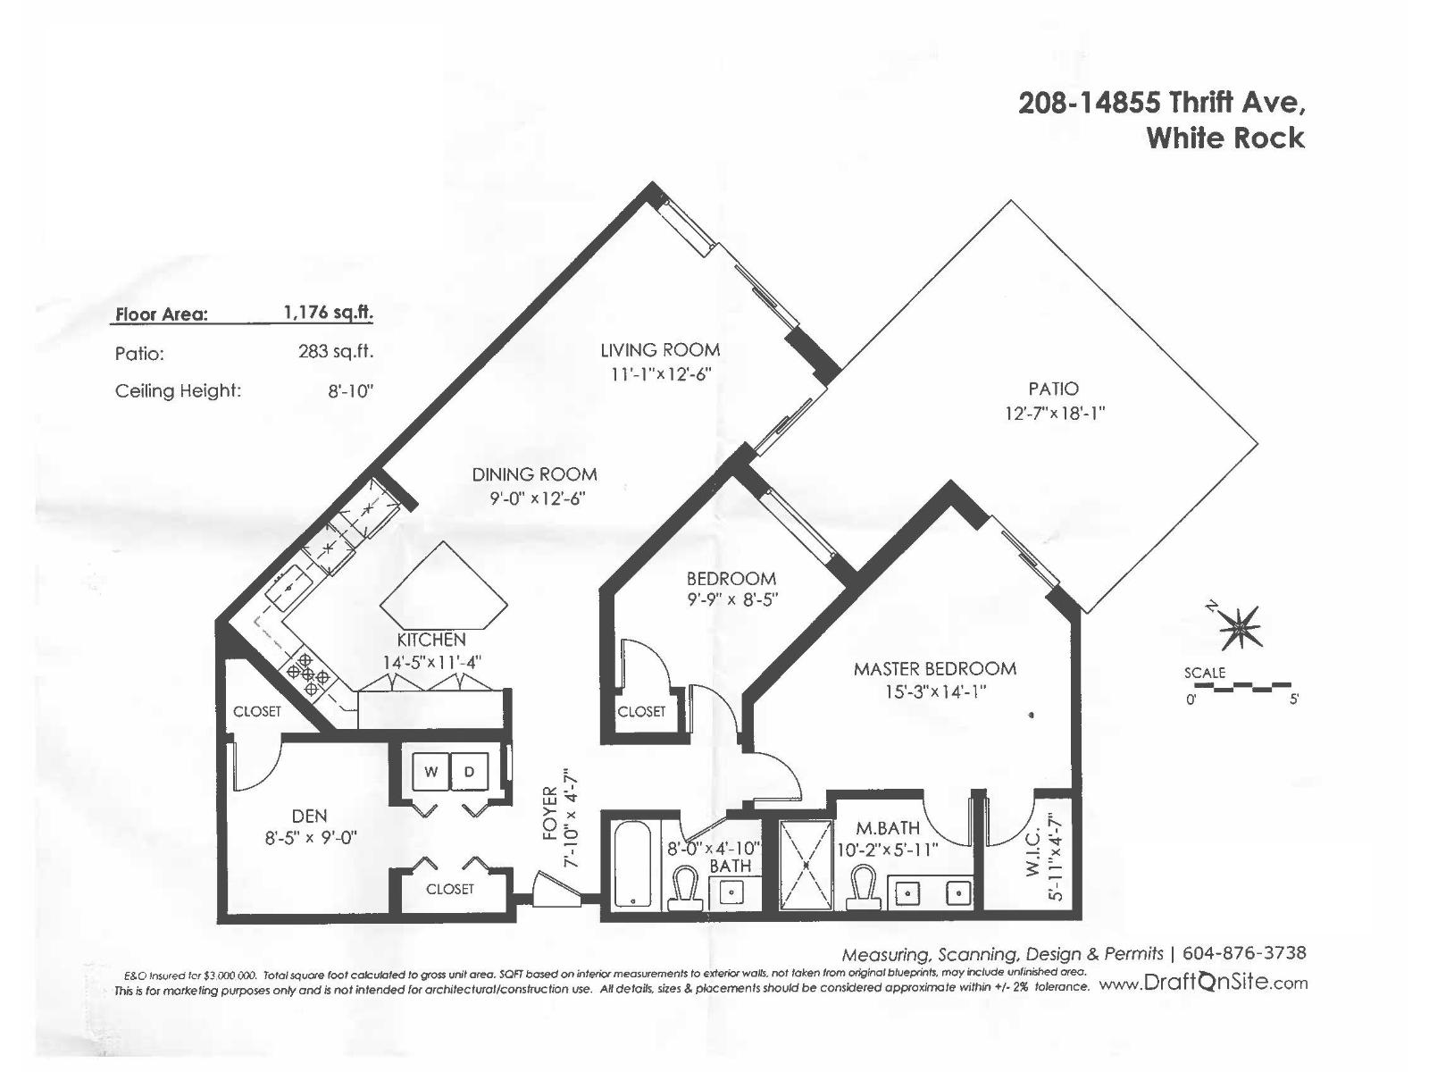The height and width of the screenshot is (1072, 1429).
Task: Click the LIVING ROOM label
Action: (659, 350)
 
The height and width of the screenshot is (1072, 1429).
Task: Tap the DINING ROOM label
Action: (534, 474)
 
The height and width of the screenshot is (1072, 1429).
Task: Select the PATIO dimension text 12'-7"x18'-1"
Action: (1054, 414)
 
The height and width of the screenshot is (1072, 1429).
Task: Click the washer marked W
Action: (431, 772)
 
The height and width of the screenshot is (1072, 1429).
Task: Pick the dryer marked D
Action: (470, 772)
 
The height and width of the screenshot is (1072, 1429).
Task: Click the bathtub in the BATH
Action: (631, 863)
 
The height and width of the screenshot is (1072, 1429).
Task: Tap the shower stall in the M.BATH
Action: (805, 865)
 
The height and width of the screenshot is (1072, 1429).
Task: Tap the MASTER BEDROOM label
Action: (934, 668)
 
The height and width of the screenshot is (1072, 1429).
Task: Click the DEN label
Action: (309, 816)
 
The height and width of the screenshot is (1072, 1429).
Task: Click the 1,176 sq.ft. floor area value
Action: (328, 313)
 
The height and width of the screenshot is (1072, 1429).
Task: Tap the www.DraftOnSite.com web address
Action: (1202, 984)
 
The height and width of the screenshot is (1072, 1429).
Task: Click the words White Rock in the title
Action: (1224, 138)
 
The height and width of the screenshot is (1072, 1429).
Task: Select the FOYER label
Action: (550, 814)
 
